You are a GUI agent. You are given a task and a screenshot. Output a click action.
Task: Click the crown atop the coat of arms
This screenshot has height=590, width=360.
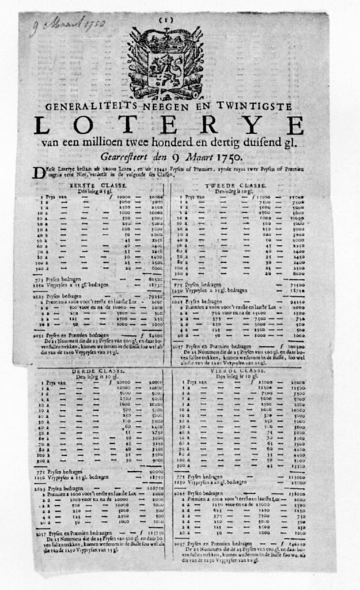165,40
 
